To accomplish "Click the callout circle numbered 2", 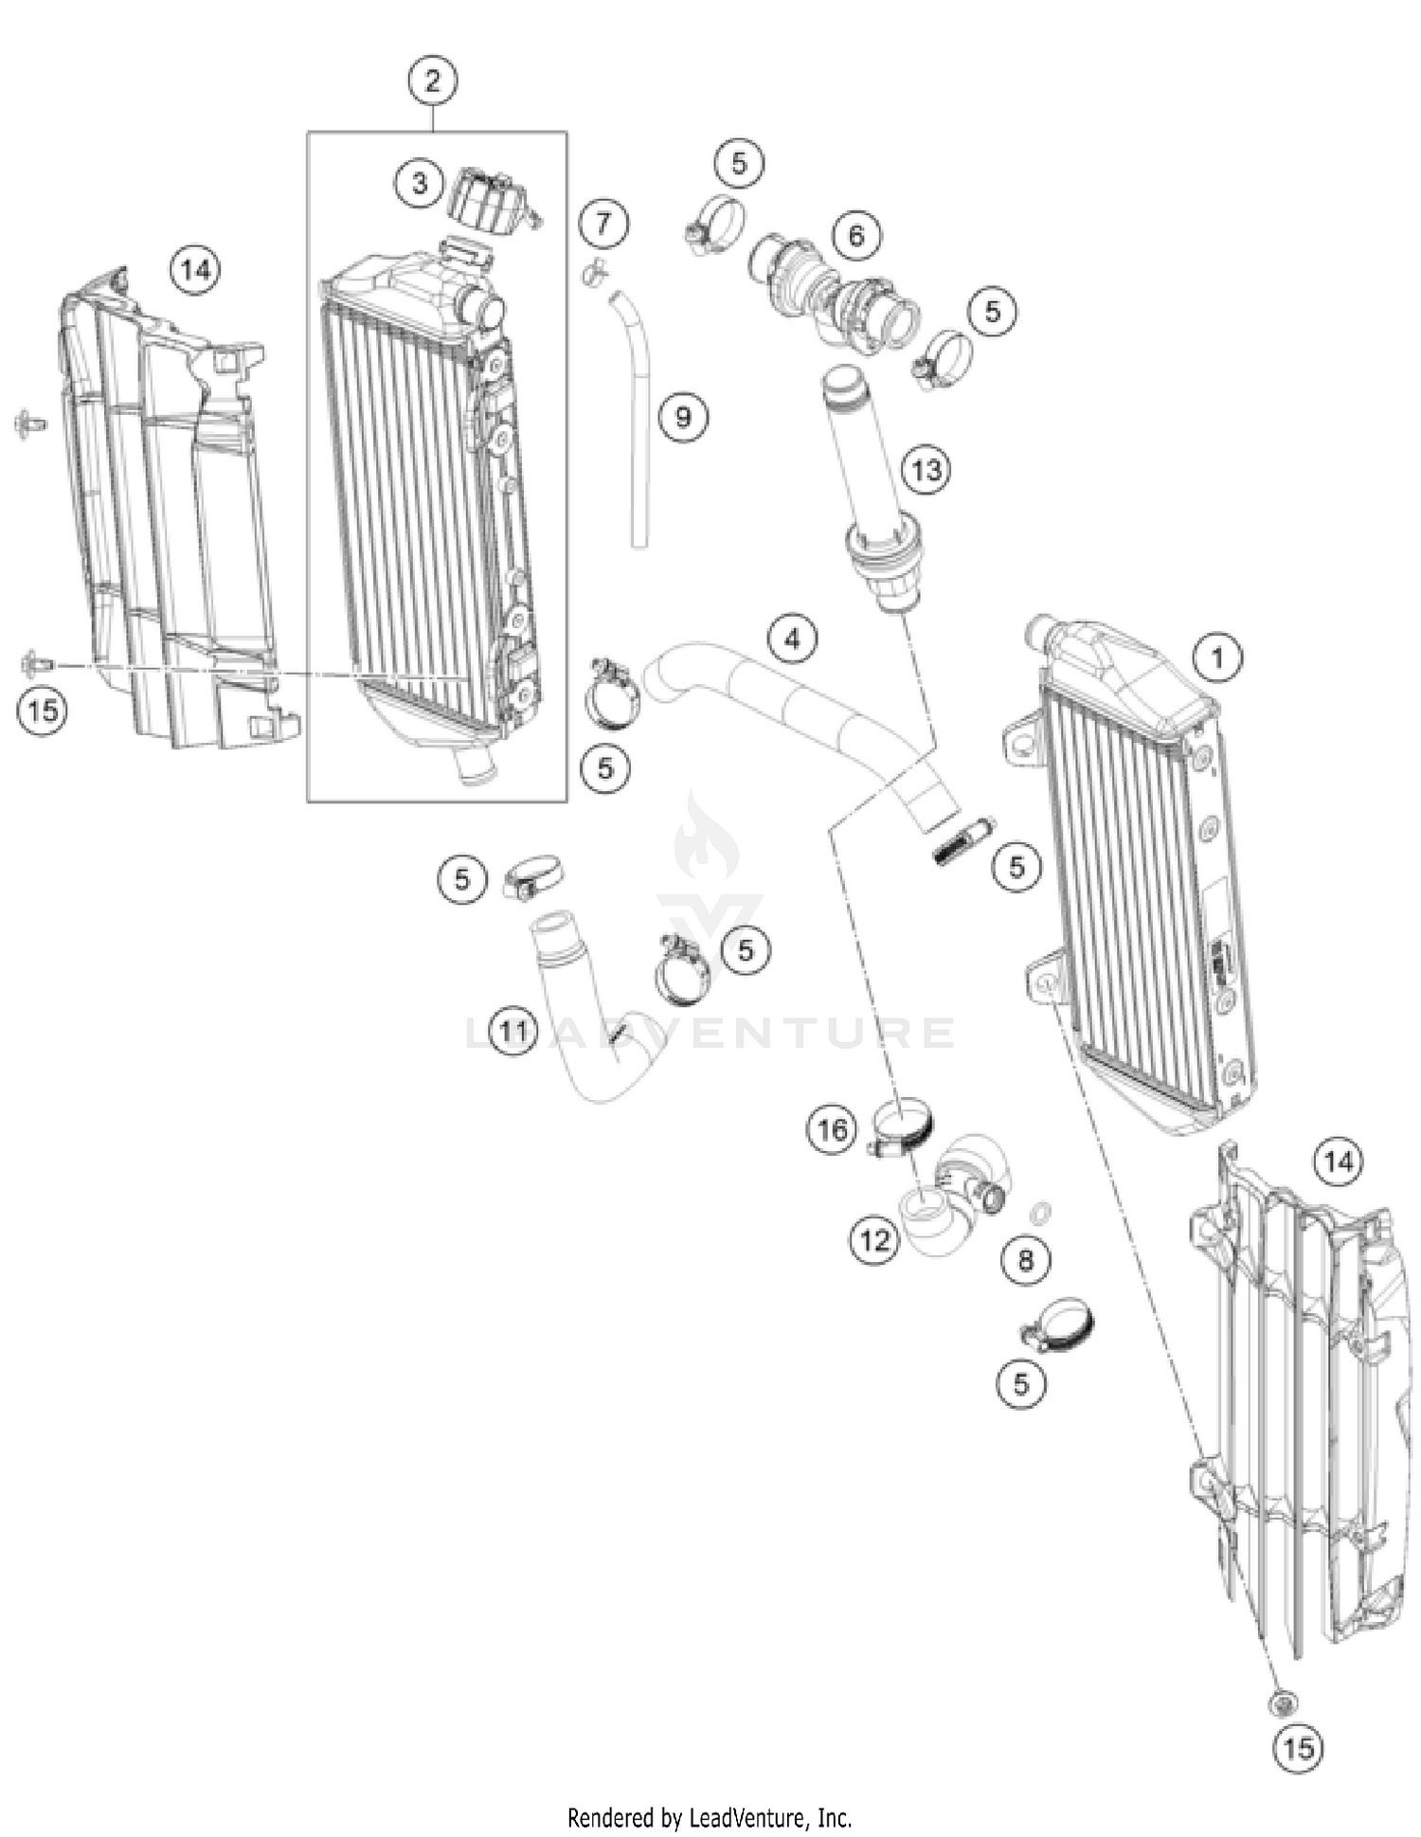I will pos(432,81).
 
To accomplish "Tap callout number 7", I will pos(604,225).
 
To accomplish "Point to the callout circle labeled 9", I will pos(683,417).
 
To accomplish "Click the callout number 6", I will pos(856,234).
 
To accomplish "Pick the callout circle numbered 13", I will pos(926,469).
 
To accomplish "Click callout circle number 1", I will pos(1218,657).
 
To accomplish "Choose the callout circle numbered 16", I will pos(832,1129).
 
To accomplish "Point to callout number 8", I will pos(1026,1259).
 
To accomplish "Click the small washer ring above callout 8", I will pos(1038,1212).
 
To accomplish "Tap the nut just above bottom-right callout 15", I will pos(1281,1703).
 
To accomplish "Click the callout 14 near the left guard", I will pos(195,270).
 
